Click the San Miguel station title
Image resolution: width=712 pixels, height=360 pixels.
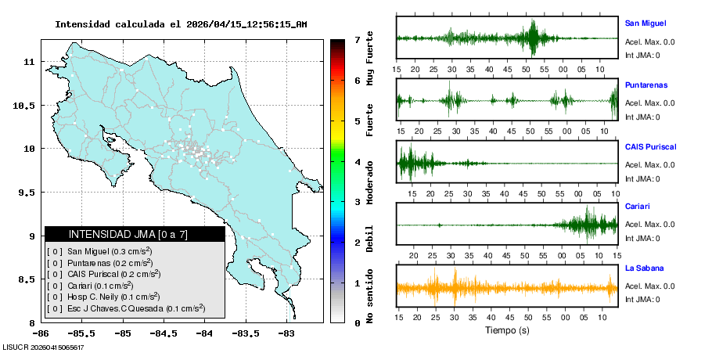645,23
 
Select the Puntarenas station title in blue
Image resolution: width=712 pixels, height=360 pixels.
646,85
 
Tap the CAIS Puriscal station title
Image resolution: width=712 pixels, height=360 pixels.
650,146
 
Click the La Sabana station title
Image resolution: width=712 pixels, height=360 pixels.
644,268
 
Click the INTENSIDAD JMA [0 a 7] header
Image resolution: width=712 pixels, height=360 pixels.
128,234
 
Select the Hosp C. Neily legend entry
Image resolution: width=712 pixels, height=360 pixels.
102,297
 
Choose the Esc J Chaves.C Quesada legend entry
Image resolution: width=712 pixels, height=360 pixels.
125,309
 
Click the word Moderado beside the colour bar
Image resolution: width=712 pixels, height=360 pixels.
369,180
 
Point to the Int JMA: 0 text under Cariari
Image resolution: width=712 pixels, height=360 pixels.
642,238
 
